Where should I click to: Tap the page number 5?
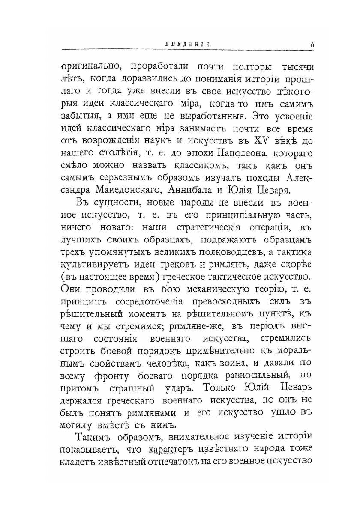point(313,44)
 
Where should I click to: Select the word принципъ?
point(82,296)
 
